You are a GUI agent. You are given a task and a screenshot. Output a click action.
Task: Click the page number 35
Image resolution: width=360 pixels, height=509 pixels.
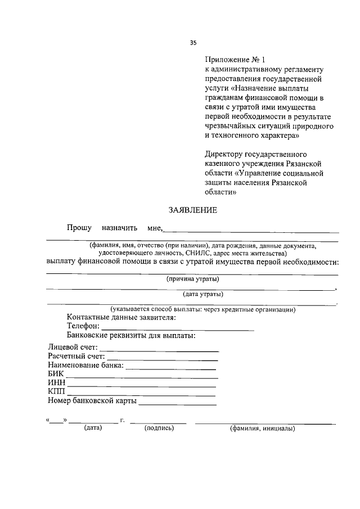[x=193, y=42]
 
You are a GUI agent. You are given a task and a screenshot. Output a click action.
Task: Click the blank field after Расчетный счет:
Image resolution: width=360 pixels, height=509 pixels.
[x=163, y=357]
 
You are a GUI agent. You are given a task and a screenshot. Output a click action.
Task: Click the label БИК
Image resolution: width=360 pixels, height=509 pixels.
[x=56, y=375]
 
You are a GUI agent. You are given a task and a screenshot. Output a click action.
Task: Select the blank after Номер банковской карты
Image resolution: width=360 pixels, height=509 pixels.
[x=177, y=402]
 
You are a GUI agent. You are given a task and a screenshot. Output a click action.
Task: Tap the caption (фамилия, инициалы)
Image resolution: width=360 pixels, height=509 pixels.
[x=262, y=429]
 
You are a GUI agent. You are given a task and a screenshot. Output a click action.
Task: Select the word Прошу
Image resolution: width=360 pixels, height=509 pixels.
[x=79, y=228]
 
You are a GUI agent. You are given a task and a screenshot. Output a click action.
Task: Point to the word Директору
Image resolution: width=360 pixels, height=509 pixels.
[x=226, y=154]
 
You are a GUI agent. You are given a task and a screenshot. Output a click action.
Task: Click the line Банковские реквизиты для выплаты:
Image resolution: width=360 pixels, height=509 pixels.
[x=131, y=336]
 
